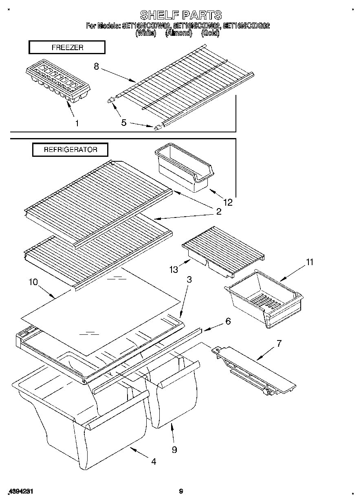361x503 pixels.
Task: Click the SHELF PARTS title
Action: point(180,15)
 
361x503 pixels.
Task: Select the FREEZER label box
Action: point(67,48)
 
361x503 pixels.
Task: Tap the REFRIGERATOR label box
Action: point(70,149)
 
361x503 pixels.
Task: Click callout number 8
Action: point(96,67)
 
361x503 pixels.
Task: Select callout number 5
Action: point(124,122)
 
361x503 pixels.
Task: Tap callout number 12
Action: point(228,202)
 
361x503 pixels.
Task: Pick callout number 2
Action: point(218,211)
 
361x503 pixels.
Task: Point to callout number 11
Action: point(310,262)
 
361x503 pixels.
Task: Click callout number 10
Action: point(33,281)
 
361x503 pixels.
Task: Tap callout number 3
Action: point(189,280)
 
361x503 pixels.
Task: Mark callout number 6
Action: point(228,321)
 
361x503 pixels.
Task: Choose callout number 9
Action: point(174,450)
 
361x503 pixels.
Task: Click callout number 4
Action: point(153,461)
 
